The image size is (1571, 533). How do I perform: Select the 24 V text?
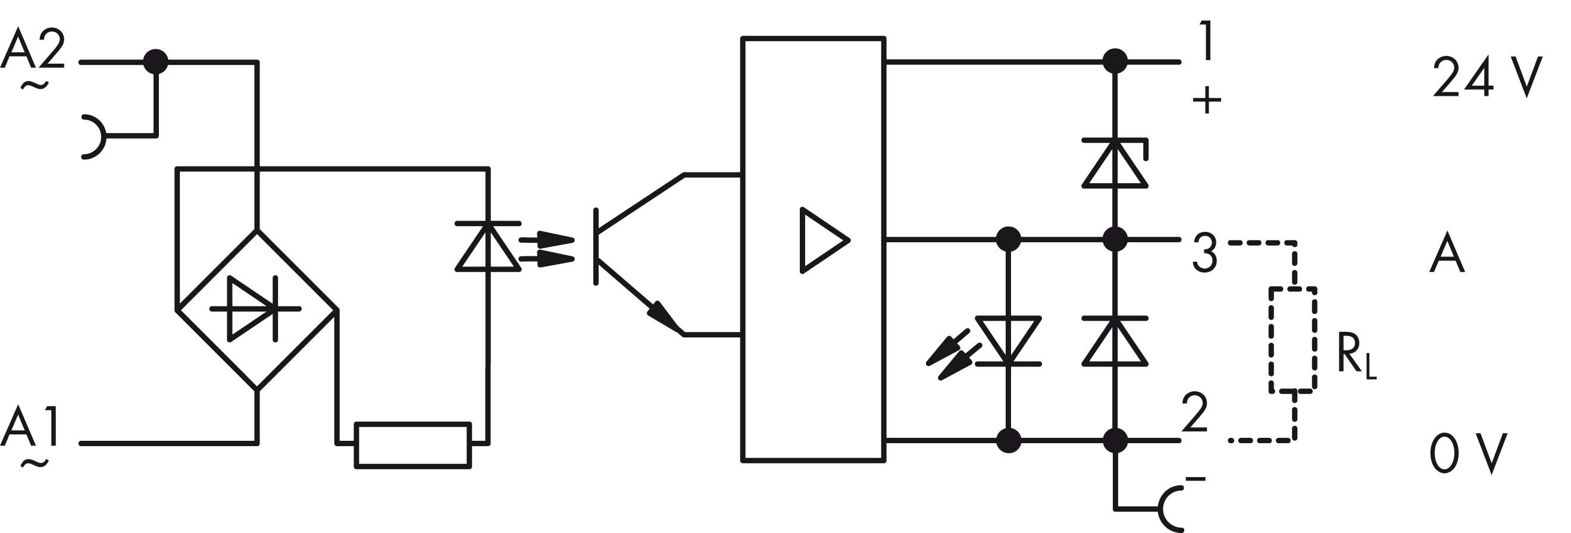pyautogui.click(x=1488, y=77)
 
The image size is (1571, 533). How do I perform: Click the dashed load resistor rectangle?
pyautogui.click(x=1293, y=340)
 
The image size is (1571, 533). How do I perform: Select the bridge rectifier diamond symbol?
pyautogui.click(x=256, y=309)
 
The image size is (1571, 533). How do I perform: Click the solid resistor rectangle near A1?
pyautogui.click(x=413, y=444)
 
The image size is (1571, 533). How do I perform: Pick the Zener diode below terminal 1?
pyautogui.click(x=1115, y=163)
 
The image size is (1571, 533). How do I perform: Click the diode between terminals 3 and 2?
pyautogui.click(x=1115, y=341)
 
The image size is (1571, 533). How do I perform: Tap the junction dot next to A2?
pyautogui.click(x=155, y=62)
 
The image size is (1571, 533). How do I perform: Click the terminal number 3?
pyautogui.click(x=1204, y=253)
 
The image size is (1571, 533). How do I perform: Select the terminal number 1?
pyautogui.click(x=1205, y=42)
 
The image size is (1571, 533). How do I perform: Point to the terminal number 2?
pyautogui.click(x=1195, y=413)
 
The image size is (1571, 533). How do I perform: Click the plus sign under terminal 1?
pyautogui.click(x=1206, y=100)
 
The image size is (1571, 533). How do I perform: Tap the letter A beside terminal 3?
pyautogui.click(x=1447, y=253)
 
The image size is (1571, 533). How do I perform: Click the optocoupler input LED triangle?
pyautogui.click(x=488, y=246)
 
